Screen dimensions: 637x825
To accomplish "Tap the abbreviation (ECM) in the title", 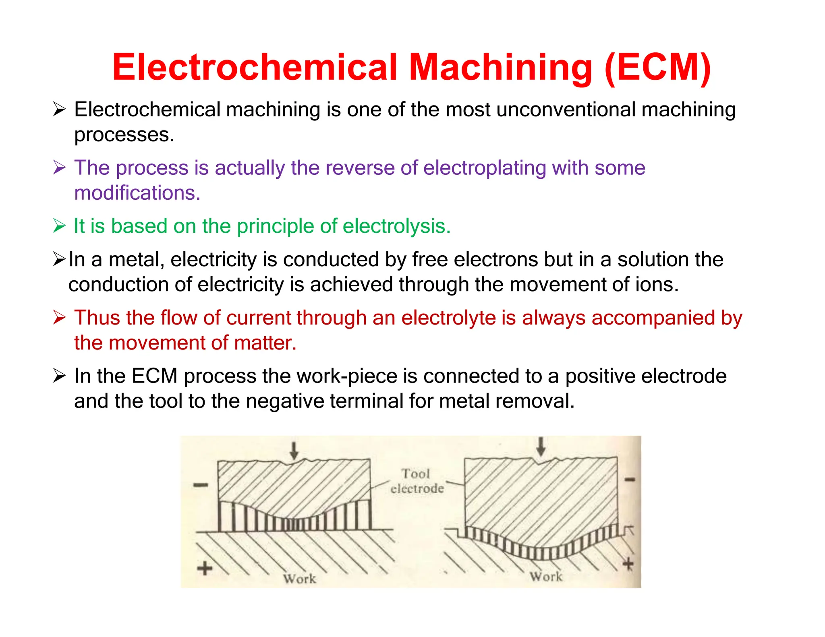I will pos(658,68).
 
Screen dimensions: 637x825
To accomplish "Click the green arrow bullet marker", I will pos(59,226).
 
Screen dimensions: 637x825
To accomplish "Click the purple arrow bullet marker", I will pos(59,168).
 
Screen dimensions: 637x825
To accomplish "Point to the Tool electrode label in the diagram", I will pos(417,481).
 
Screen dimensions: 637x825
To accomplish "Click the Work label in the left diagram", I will pos(299,579).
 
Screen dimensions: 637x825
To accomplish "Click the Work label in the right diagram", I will pos(546,577).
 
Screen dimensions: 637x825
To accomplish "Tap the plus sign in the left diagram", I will pos(205,569).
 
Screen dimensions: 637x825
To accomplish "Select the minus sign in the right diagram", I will pos(630,480).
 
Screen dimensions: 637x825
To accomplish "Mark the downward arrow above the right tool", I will pos(541,447).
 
